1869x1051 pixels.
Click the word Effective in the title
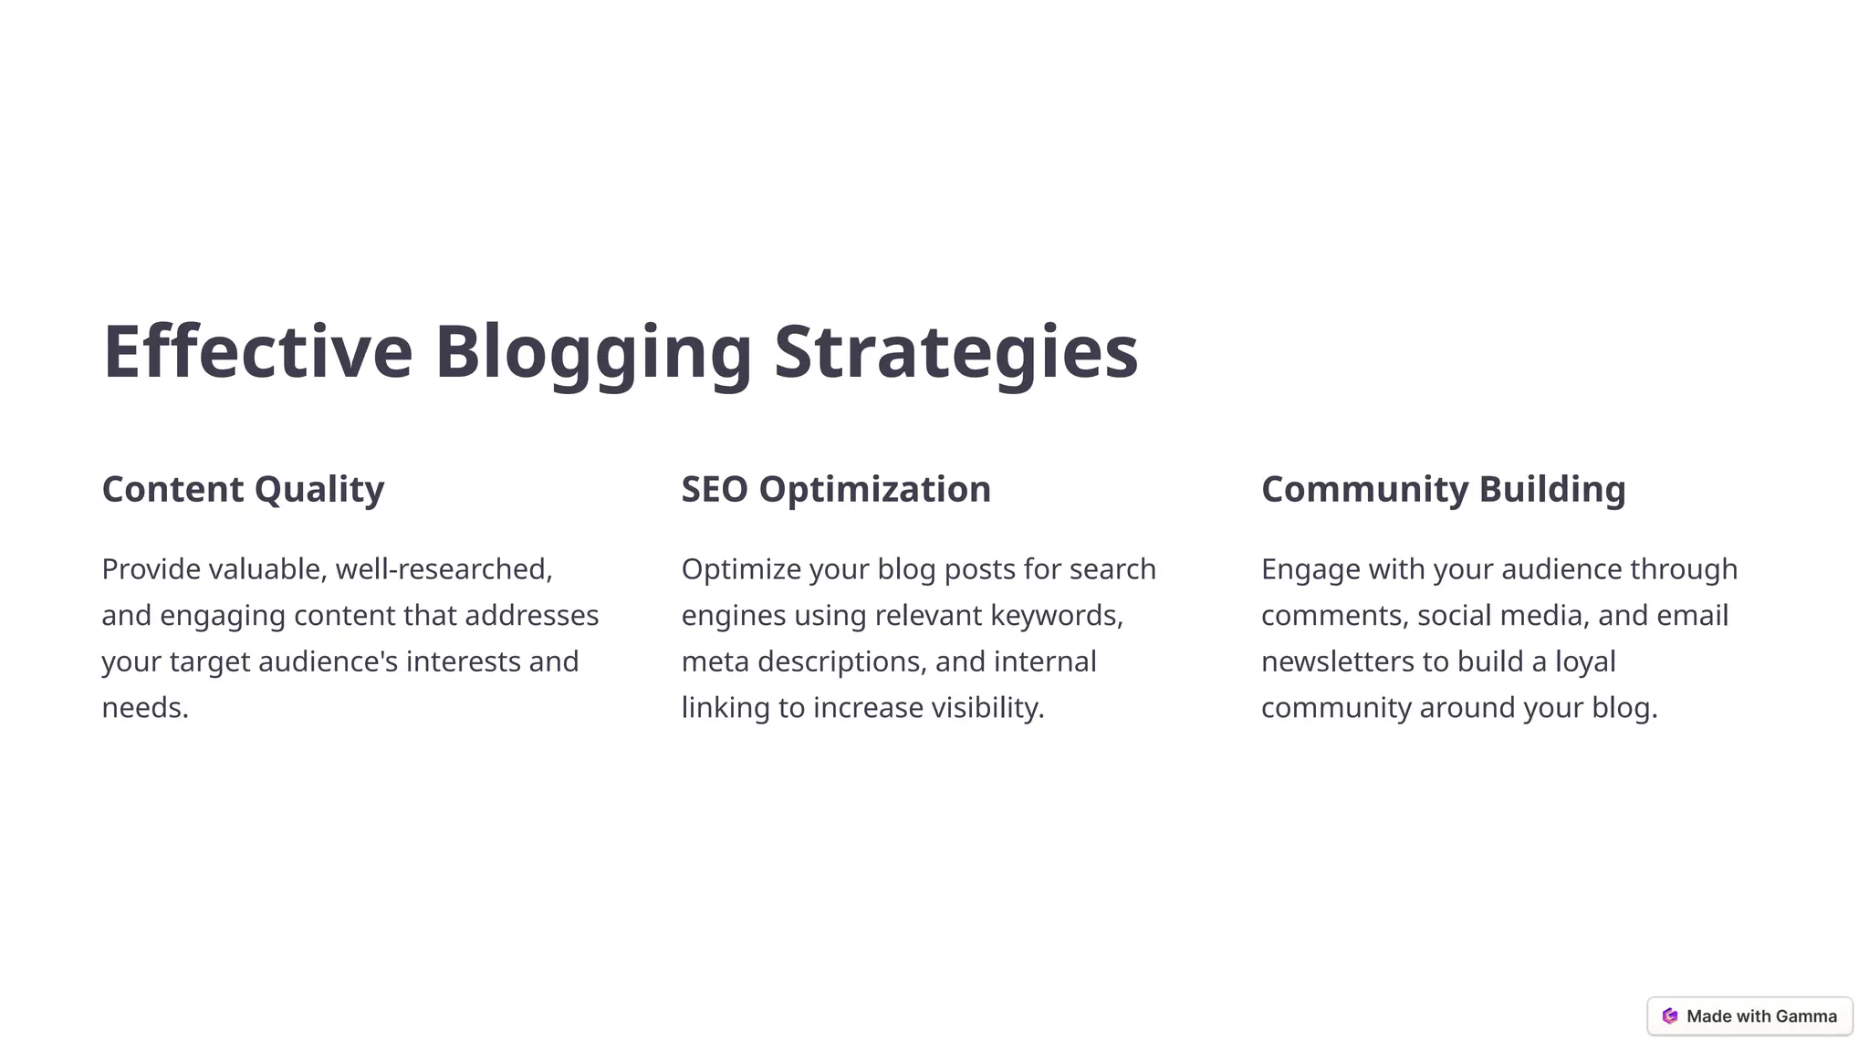[258, 352]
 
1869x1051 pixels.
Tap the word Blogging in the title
[593, 352]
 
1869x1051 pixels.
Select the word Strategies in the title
[956, 352]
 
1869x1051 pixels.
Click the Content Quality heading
[243, 490]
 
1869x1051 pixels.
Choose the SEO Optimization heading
[836, 490]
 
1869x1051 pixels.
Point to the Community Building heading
[1443, 490]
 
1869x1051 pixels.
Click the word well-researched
[444, 569]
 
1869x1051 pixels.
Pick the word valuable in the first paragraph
[267, 569]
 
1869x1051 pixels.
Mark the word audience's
[329, 661]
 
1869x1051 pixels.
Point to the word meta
[715, 661]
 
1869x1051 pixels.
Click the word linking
[725, 708]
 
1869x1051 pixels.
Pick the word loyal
[1585, 661]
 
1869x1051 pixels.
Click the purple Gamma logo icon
[1670, 1016]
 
